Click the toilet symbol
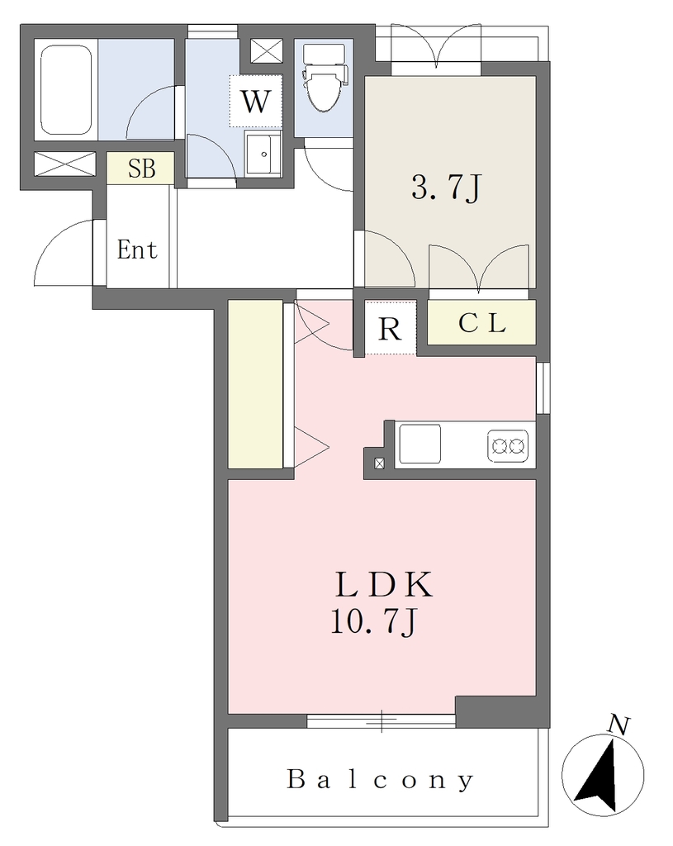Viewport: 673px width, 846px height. point(324,77)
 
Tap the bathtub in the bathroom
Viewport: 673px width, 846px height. point(66,89)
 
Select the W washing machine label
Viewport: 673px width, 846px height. point(255,102)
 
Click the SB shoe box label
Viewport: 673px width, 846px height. point(141,169)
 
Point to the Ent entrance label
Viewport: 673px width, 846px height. point(138,250)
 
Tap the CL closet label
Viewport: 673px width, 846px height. point(482,323)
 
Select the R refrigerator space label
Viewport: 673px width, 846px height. point(390,328)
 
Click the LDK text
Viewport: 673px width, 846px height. point(384,584)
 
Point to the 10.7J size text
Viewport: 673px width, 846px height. point(374,623)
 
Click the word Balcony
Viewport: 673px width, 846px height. point(381,781)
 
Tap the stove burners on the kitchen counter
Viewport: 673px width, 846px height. point(508,445)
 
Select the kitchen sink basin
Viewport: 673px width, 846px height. point(419,444)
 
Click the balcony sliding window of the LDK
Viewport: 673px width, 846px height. point(382,720)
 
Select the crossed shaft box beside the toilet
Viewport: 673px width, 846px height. point(267,52)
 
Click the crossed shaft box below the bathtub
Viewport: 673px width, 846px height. point(65,164)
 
